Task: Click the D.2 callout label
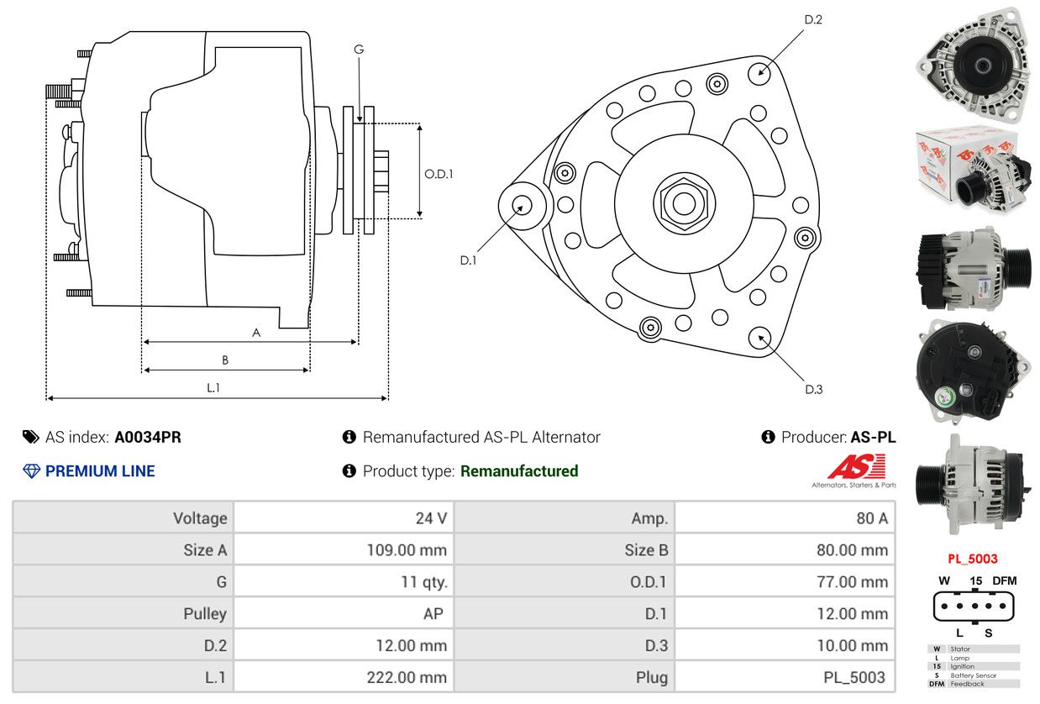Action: click(812, 19)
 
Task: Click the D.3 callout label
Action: click(813, 389)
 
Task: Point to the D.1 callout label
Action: click(468, 260)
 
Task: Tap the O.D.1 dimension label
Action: click(439, 174)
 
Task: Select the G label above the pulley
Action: click(359, 50)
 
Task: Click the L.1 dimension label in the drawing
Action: click(213, 387)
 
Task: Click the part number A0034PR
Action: click(148, 437)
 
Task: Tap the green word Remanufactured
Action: click(519, 471)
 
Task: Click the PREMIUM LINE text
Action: click(100, 471)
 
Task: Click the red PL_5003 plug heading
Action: click(973, 559)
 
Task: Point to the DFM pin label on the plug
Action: click(1004, 581)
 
